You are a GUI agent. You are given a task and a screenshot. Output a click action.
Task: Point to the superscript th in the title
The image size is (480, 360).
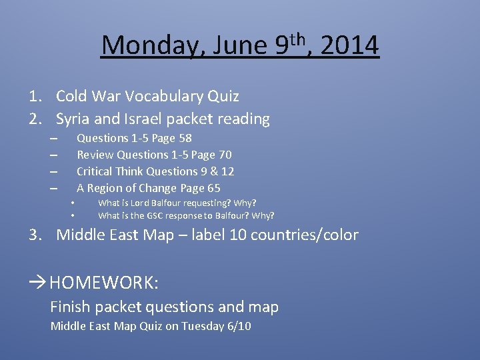click(x=299, y=37)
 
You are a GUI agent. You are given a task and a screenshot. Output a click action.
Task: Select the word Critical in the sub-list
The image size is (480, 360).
click(x=95, y=172)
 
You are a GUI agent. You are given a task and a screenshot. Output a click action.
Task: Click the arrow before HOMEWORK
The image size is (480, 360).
click(x=38, y=283)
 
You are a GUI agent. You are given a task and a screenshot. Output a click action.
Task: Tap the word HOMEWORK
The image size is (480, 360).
click(x=103, y=283)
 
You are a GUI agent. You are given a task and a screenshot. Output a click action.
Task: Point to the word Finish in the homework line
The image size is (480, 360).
click(x=71, y=307)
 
